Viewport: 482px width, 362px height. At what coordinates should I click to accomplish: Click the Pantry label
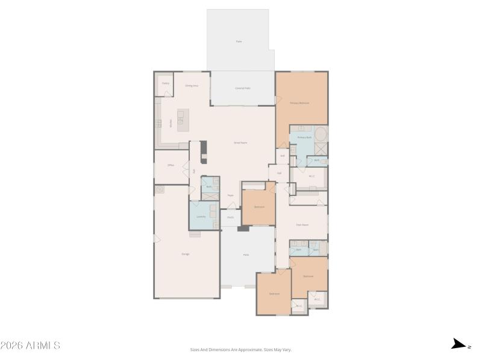pyautogui.click(x=166, y=83)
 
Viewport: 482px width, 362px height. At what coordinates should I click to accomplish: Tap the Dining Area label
pyautogui.click(x=192, y=86)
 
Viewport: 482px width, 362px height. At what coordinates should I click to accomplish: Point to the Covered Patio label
pyautogui.click(x=243, y=89)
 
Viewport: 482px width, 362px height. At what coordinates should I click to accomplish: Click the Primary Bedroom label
pyautogui.click(x=299, y=103)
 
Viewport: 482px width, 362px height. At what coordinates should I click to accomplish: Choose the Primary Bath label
pyautogui.click(x=304, y=138)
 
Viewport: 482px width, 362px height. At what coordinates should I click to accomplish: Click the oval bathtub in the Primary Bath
pyautogui.click(x=321, y=134)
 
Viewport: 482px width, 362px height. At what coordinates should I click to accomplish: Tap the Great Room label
pyautogui.click(x=241, y=143)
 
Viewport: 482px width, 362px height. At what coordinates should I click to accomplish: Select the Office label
pyautogui.click(x=171, y=165)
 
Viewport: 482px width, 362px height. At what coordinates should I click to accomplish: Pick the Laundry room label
pyautogui.click(x=201, y=216)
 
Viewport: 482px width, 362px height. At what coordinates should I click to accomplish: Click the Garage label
pyautogui.click(x=186, y=254)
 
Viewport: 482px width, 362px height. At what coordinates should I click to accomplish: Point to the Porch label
pyautogui.click(x=230, y=217)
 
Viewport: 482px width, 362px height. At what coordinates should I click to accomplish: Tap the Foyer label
pyautogui.click(x=231, y=195)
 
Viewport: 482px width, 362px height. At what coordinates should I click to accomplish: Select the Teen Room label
pyautogui.click(x=302, y=224)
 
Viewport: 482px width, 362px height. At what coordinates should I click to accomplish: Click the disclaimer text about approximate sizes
pyautogui.click(x=241, y=349)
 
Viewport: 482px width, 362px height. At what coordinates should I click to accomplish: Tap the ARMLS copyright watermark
pyautogui.click(x=30, y=346)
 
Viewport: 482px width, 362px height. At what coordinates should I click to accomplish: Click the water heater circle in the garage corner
pyautogui.click(x=160, y=190)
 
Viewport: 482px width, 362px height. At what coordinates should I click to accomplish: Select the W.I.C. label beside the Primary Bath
pyautogui.click(x=311, y=177)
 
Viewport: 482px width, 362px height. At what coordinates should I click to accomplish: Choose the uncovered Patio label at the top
pyautogui.click(x=239, y=41)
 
